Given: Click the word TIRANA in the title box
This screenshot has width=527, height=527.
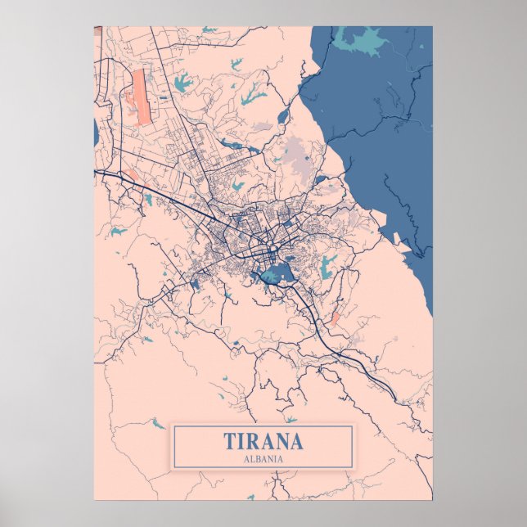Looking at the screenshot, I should pos(263,442).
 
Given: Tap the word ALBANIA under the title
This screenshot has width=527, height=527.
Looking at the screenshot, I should pos(263,459).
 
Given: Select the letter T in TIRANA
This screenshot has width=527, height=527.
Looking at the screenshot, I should pos(229,442).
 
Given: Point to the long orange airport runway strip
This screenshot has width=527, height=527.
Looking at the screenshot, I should pos(142,97).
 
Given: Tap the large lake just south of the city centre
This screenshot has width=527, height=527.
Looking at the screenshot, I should pos(277,273).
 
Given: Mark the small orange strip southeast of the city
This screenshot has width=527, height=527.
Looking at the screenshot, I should pos(334,318).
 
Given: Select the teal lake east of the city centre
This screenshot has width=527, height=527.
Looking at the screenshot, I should pos(328,263).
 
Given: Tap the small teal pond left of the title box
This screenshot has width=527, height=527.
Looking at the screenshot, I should pos(155,424).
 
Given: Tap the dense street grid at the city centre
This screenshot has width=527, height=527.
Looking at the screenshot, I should pos(254,233).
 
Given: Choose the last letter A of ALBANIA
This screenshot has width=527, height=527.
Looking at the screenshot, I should pos(281,459).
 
